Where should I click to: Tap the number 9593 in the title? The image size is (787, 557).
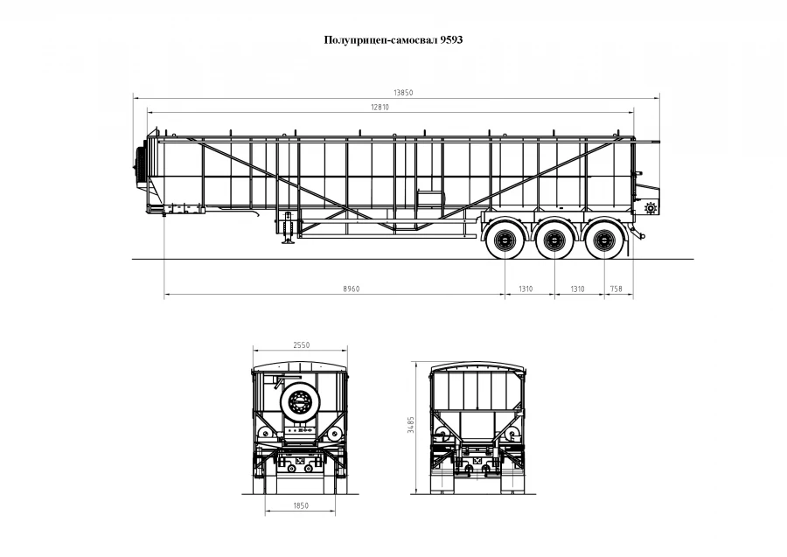pyautogui.click(x=451, y=40)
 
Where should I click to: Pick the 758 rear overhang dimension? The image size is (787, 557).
pyautogui.click(x=616, y=289)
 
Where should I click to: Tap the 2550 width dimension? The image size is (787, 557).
pyautogui.click(x=300, y=345)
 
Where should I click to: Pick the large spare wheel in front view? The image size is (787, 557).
pyautogui.click(x=301, y=403)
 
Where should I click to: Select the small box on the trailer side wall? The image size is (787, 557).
pyautogui.click(x=428, y=202)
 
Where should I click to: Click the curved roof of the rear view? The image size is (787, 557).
pyautogui.click(x=477, y=365)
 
